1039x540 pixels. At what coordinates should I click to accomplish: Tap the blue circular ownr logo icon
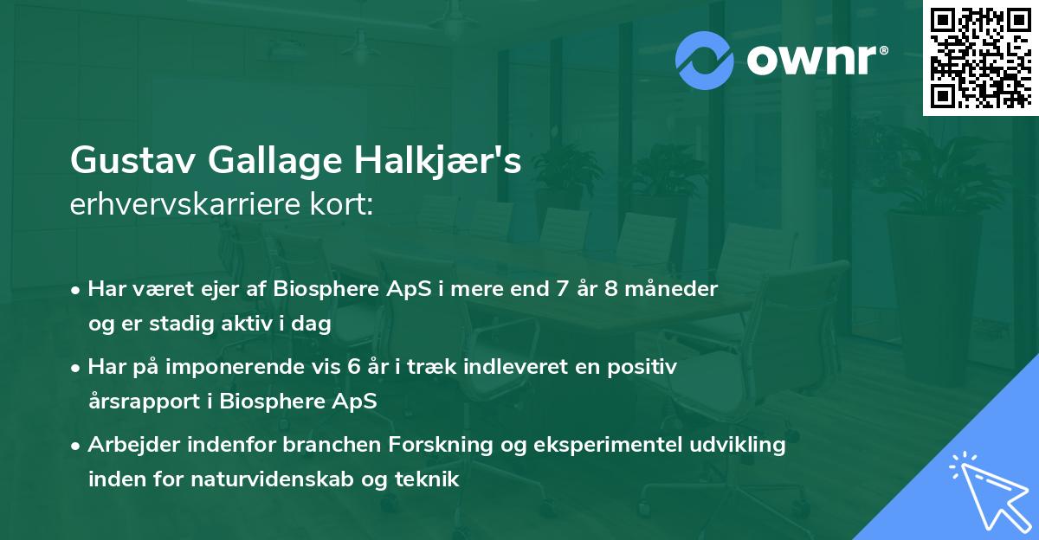[705, 59]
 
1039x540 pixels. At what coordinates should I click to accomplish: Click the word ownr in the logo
[816, 59]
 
